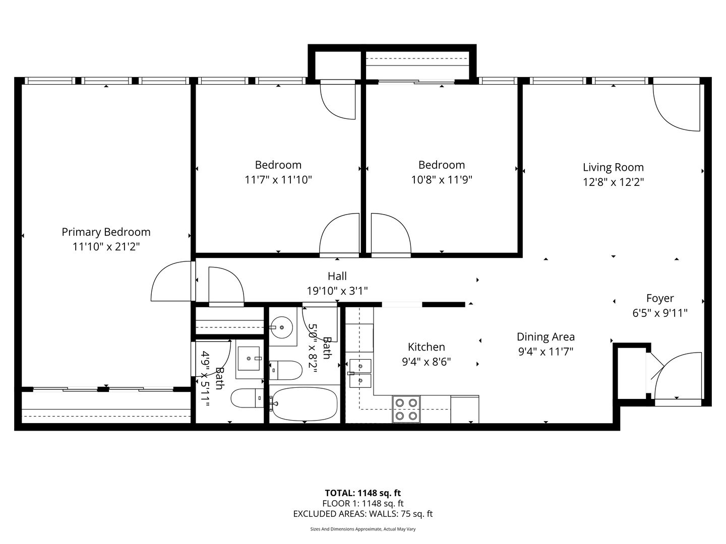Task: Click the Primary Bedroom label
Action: point(106,232)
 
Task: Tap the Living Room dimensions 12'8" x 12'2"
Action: point(613,182)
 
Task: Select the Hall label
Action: point(337,276)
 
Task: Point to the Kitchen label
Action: point(426,347)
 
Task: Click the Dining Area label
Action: point(546,337)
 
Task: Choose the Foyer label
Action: point(660,298)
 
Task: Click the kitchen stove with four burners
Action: point(406,409)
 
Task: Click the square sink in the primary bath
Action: point(249,358)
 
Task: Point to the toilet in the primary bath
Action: point(247,398)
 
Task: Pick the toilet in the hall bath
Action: point(286,370)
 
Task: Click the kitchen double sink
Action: point(360,373)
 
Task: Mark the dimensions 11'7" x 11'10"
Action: point(278,180)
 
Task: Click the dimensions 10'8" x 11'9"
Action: point(442,180)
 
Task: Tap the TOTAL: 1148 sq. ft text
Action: point(363,493)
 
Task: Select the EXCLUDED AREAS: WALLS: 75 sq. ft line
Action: point(363,514)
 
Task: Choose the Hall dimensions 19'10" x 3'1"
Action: point(337,291)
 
